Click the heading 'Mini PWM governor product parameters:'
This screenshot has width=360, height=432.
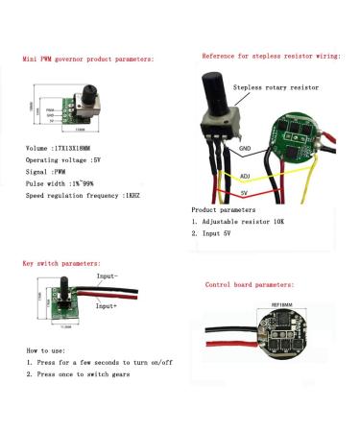click(86, 59)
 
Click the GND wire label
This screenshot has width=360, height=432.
click(245, 149)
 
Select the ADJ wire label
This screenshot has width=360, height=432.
click(245, 176)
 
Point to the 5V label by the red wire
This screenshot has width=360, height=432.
click(245, 193)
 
